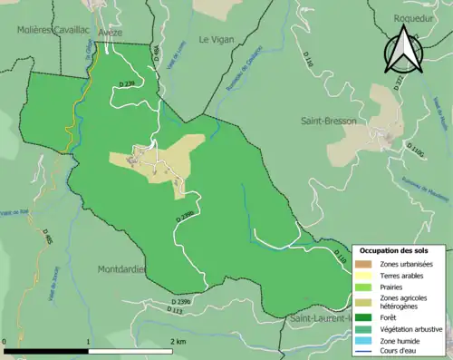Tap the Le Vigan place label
tap(216, 39)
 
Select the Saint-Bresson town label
tap(328, 120)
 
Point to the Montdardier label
tap(121, 269)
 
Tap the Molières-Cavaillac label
tap(51, 30)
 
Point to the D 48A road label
tap(156, 55)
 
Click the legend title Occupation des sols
tap(400, 249)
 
